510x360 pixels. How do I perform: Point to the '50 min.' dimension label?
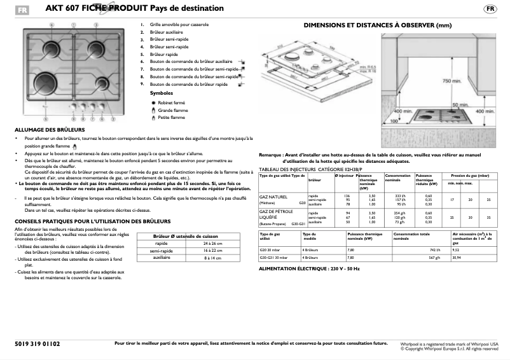click(x=460, y=104)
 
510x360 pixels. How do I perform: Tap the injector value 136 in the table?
click(x=347, y=195)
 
